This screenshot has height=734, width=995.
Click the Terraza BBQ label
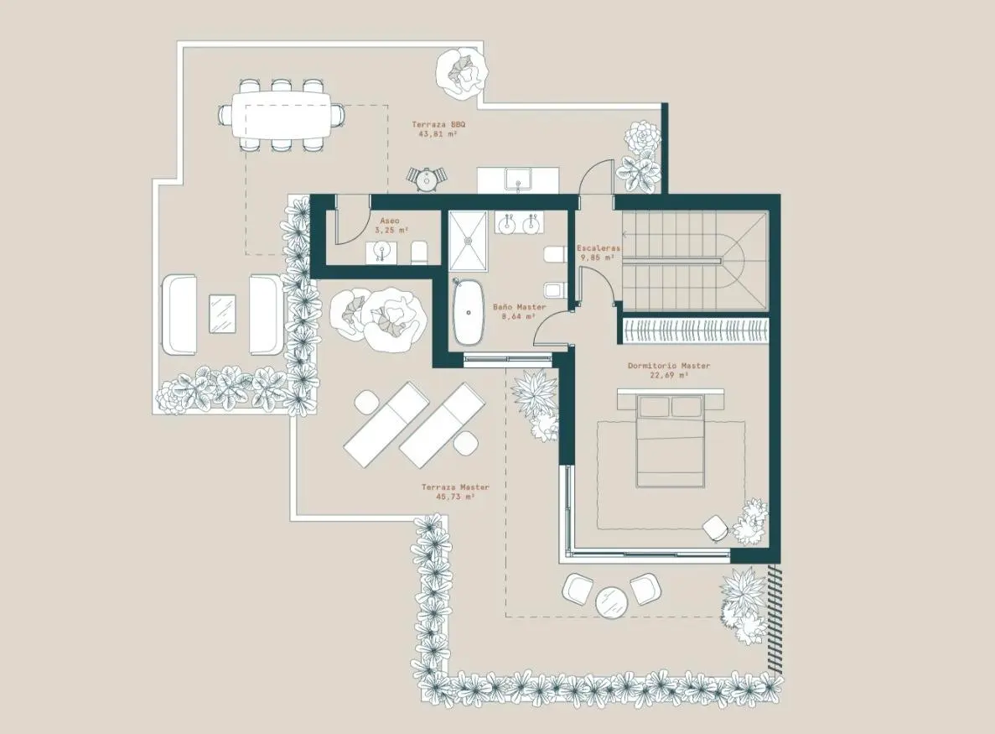click(x=438, y=124)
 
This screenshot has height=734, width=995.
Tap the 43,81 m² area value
click(x=438, y=134)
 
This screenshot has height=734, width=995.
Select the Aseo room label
click(x=390, y=221)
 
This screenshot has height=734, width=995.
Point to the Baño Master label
click(x=519, y=307)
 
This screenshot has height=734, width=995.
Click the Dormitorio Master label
click(x=669, y=366)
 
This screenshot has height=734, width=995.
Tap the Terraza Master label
click(x=455, y=487)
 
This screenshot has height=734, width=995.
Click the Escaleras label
click(x=598, y=248)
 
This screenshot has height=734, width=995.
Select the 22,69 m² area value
click(x=669, y=375)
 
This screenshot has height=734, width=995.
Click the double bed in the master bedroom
click(x=670, y=440)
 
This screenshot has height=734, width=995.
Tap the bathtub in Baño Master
click(x=469, y=312)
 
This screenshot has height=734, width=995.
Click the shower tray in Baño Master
click(x=469, y=242)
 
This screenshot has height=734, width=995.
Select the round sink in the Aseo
click(x=381, y=248)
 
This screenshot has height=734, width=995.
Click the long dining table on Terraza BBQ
click(x=281, y=115)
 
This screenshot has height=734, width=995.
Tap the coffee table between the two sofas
click(x=222, y=313)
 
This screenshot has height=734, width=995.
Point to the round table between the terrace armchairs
click(x=613, y=601)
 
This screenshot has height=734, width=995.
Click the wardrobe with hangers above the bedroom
click(x=696, y=331)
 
